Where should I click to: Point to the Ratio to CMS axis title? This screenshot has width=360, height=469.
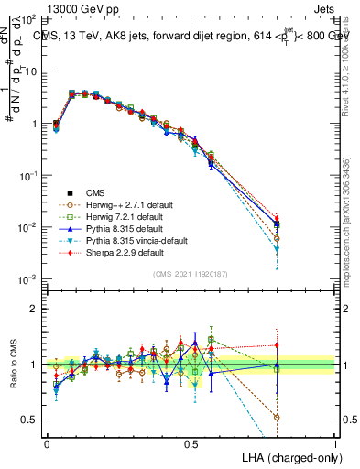[x=12, y=364]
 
